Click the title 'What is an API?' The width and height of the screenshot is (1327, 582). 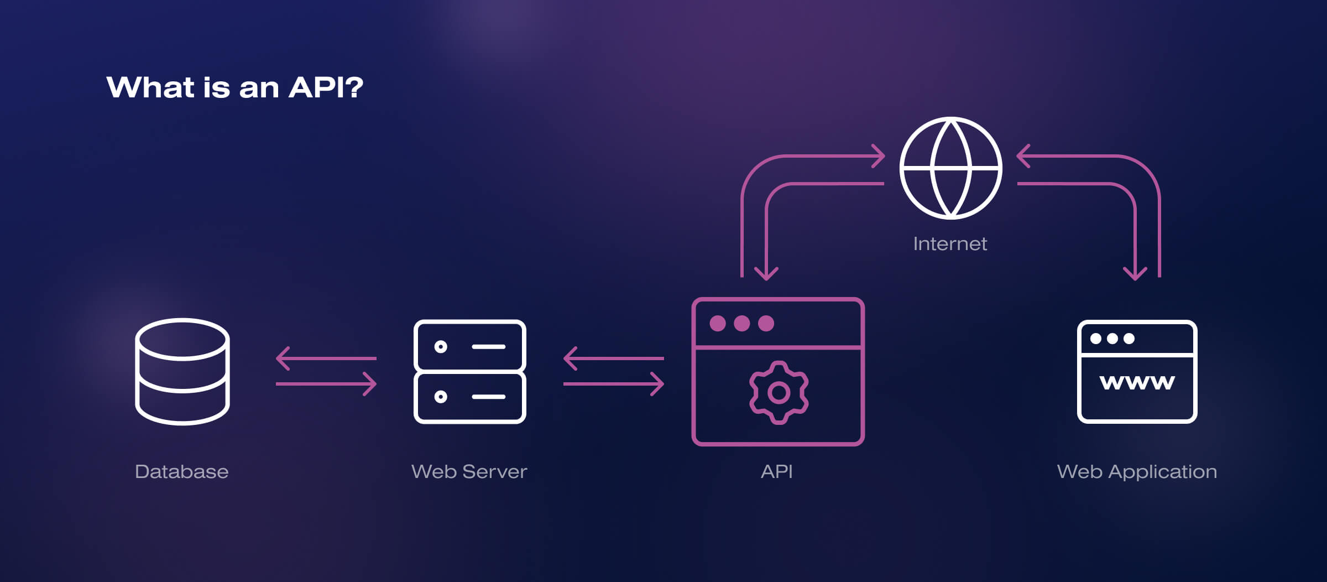coord(234,87)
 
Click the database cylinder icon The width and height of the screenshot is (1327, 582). coord(182,371)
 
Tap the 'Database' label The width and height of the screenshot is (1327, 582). coord(181,471)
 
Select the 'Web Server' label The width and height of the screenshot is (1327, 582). coord(469,471)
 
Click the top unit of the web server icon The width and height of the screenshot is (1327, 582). coord(469,346)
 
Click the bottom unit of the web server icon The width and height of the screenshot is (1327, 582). coord(469,397)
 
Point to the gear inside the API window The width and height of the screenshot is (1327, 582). coord(779,392)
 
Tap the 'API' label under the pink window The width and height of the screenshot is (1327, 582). coord(776,471)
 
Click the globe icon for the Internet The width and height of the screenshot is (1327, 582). coord(950,168)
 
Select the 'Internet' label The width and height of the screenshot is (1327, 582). coord(950,243)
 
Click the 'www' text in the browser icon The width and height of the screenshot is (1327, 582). coord(1137,382)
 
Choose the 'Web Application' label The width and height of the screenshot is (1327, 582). coord(1137,471)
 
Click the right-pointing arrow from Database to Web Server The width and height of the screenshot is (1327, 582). coord(326,383)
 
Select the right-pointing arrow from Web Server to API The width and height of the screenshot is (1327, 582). coord(614,383)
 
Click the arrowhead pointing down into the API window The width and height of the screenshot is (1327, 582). coord(766,274)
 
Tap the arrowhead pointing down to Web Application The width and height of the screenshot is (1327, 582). coord(1135,274)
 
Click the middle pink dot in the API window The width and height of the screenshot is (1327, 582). coord(742,323)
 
